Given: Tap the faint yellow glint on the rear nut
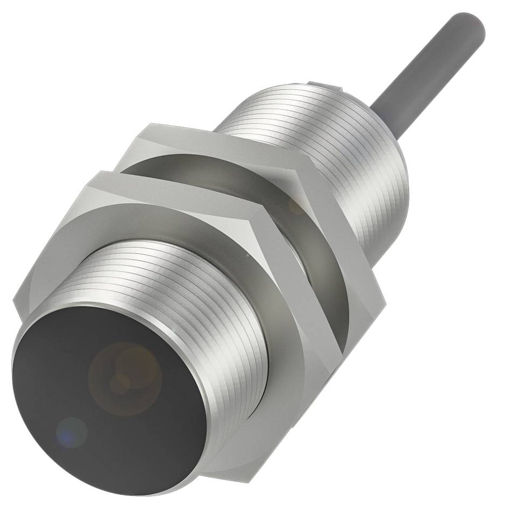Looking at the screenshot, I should point(296,204).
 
